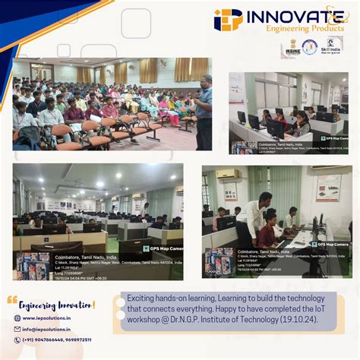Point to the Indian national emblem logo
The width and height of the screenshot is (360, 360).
(291, 48)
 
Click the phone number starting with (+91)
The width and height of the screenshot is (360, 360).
(57, 339)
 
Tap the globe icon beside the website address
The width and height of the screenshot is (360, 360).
(17, 318)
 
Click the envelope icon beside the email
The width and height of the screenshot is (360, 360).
(17, 329)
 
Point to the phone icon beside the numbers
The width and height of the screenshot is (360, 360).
(17, 339)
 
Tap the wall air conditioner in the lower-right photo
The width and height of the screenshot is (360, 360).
(227, 174)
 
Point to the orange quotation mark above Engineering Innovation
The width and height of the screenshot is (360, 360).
(11, 300)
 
